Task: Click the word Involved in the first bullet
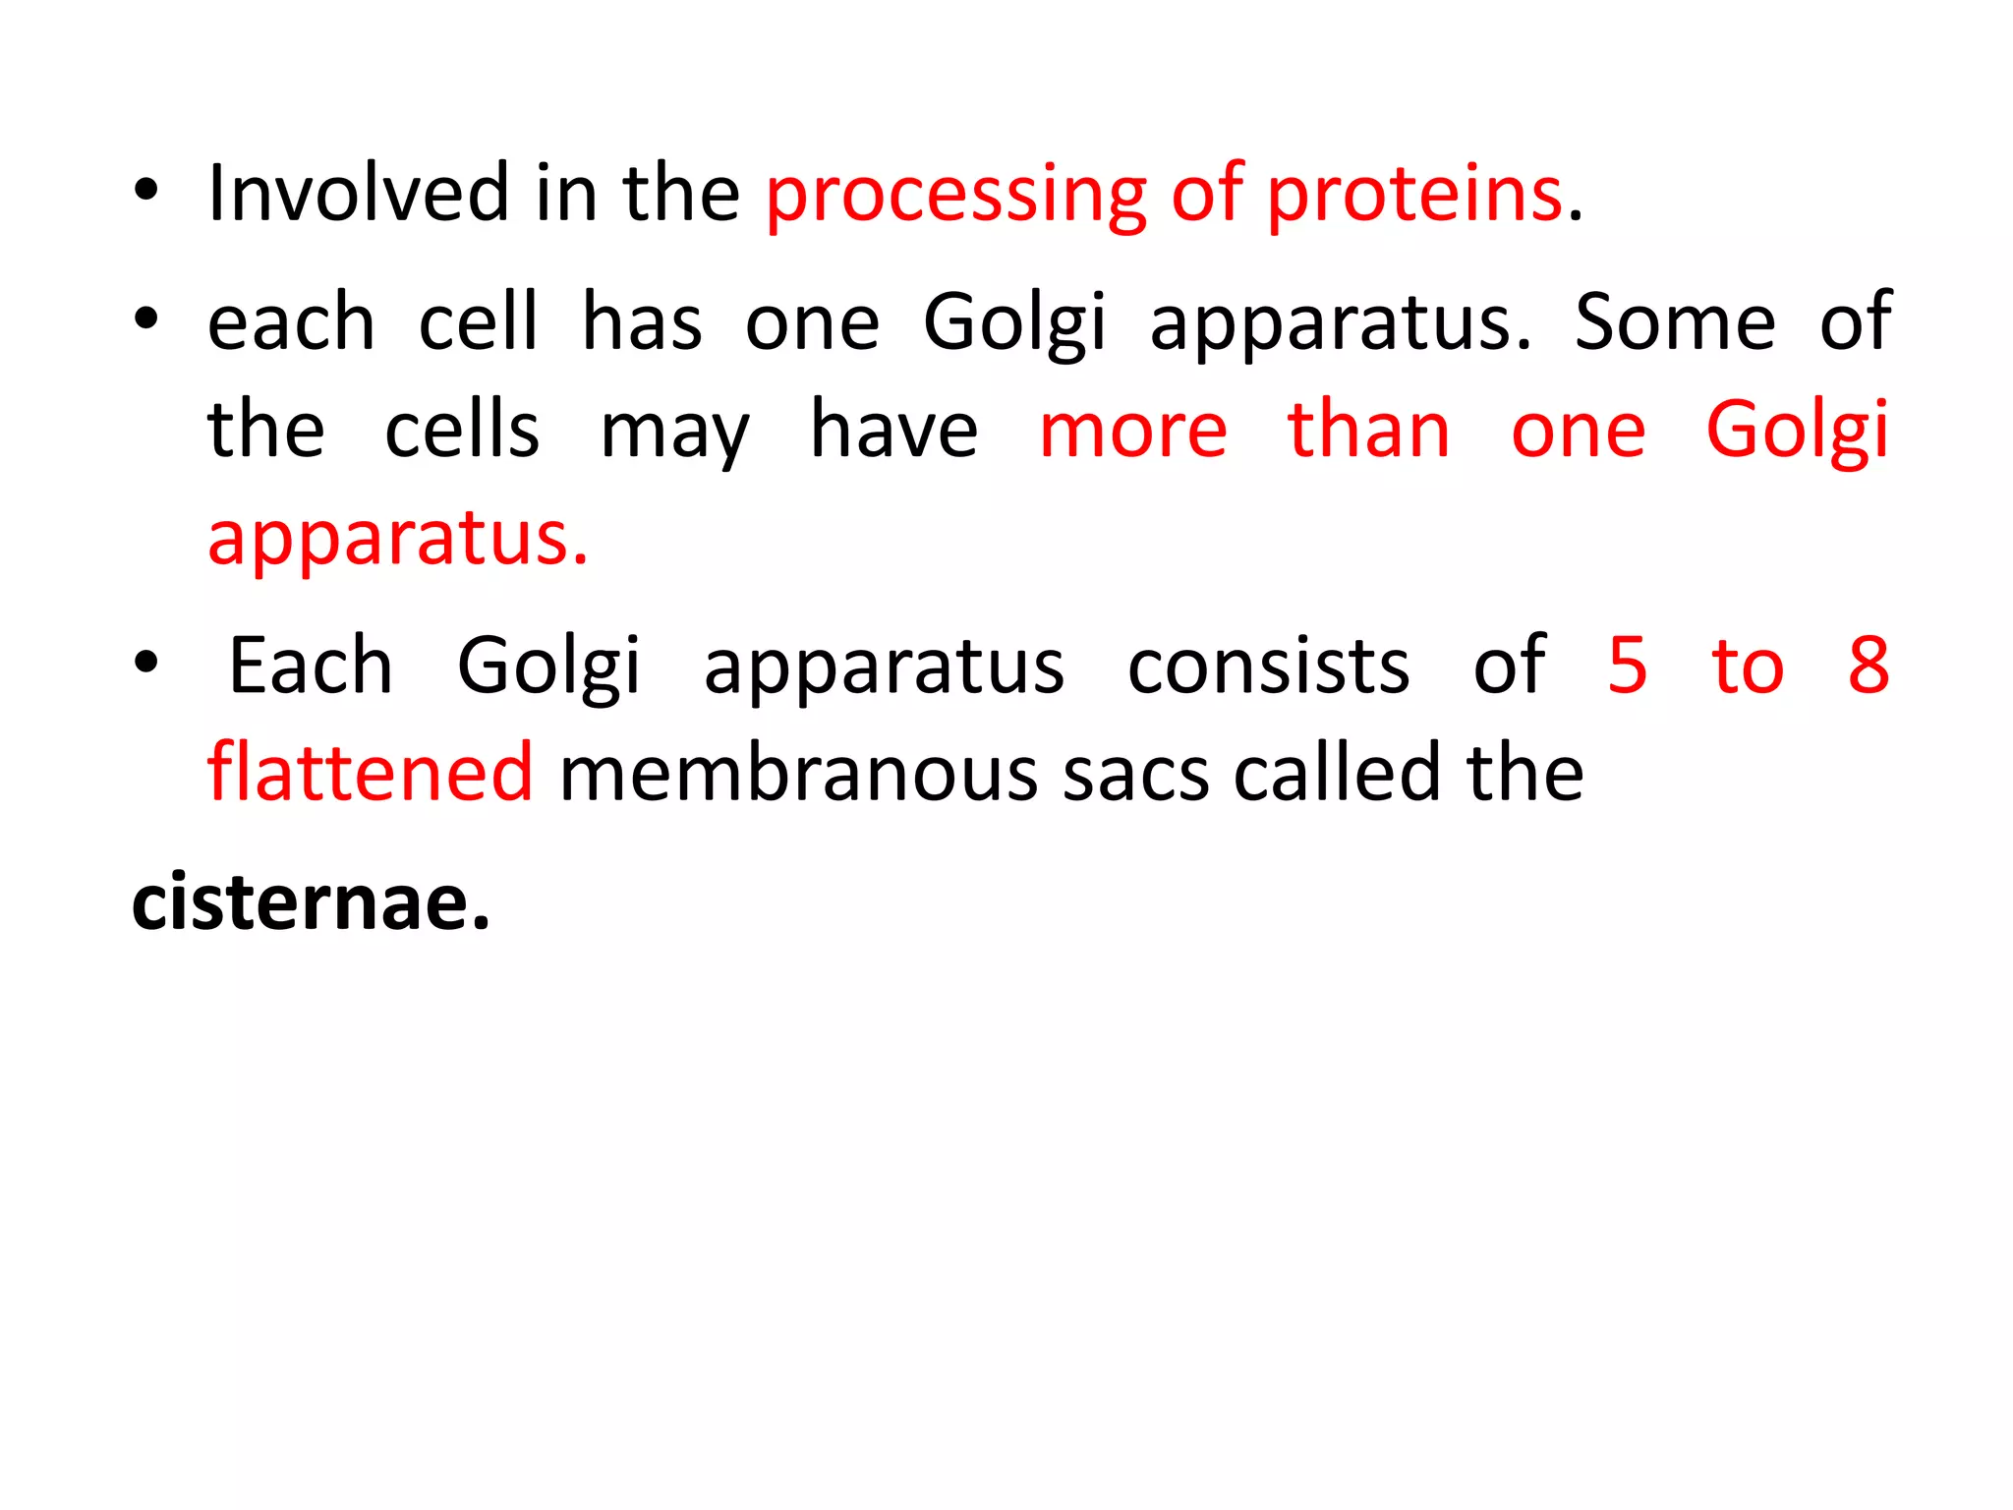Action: [x=358, y=194]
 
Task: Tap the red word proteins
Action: [x=1414, y=197]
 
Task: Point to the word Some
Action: [x=1675, y=322]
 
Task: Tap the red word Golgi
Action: [x=1797, y=433]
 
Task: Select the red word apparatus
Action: [x=398, y=541]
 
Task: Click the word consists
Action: [x=1268, y=666]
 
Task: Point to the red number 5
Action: [x=1628, y=666]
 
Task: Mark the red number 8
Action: [x=1869, y=666]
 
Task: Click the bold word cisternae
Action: [x=311, y=902]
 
